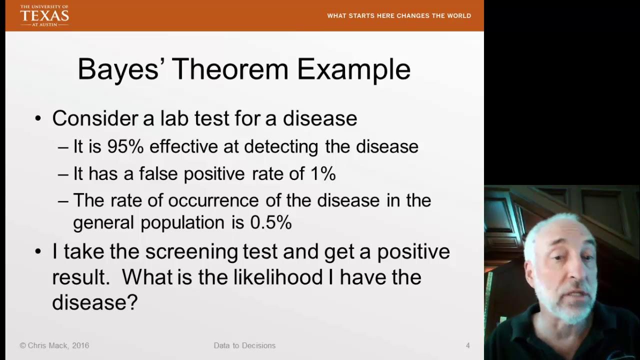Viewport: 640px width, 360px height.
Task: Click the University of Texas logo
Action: (44, 15)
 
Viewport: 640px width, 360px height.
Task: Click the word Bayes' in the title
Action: (118, 69)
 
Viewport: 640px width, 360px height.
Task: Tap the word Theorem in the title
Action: (230, 69)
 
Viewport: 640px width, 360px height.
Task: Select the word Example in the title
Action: (353, 69)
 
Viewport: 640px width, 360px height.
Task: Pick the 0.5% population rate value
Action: (270, 223)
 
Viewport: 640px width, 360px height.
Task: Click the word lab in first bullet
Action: (174, 118)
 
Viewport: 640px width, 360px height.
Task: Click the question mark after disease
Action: (132, 302)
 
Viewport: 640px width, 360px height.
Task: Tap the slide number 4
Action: (467, 345)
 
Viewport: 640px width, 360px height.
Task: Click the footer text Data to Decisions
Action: (244, 345)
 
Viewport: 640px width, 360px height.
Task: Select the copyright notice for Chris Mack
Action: (54, 345)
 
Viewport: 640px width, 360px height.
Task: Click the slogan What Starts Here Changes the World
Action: (399, 16)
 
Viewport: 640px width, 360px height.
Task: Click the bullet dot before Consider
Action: (38, 119)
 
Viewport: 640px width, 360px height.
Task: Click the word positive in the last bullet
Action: (413, 251)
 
